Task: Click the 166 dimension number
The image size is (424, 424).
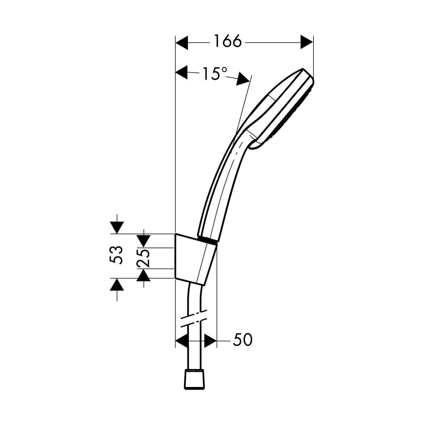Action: pyautogui.click(x=228, y=42)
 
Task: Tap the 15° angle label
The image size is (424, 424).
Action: pyautogui.click(x=214, y=74)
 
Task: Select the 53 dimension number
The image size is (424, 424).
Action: pyautogui.click(x=116, y=255)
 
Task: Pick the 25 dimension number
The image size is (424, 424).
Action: pyautogui.click(x=143, y=258)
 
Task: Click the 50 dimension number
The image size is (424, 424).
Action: pyautogui.click(x=242, y=340)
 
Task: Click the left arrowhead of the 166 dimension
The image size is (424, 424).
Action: pyautogui.click(x=182, y=43)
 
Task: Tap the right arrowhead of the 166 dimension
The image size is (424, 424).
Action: pyautogui.click(x=307, y=43)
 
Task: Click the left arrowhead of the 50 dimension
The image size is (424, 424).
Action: pyautogui.click(x=181, y=341)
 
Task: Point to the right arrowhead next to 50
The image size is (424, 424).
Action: pyautogui.click(x=210, y=341)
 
